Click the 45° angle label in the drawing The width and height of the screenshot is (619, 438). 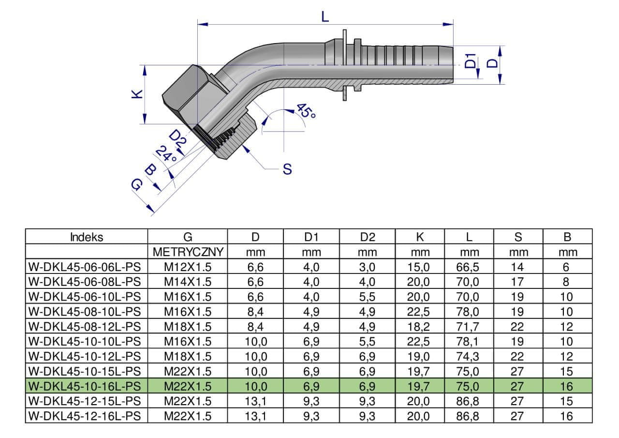(306, 112)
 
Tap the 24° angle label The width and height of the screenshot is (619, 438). (166, 154)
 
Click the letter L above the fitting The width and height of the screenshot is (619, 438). (325, 17)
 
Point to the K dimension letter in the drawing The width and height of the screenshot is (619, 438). (138, 94)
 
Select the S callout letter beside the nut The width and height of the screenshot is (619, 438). (287, 169)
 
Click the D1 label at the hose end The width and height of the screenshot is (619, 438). (471, 61)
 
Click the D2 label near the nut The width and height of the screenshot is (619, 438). (178, 140)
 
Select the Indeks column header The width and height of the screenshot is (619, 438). (87, 237)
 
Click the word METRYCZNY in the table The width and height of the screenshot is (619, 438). (188, 252)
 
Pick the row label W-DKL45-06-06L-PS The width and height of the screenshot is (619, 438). (86, 267)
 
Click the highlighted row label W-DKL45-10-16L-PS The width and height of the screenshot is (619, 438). (86, 386)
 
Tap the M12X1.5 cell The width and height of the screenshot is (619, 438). (188, 267)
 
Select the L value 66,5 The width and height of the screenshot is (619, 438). (469, 267)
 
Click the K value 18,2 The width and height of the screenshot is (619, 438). (419, 327)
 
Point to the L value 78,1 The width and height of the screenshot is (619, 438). (469, 342)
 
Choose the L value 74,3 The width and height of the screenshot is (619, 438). (469, 357)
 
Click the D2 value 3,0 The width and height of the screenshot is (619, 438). (367, 267)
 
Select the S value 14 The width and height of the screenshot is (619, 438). (517, 267)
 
